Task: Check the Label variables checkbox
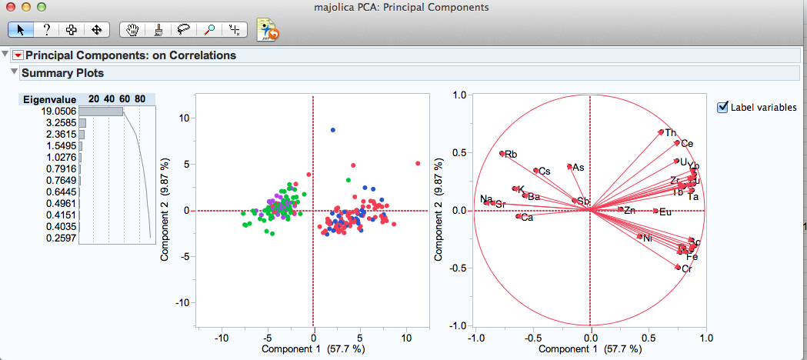click(x=722, y=107)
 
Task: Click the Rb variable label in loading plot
click(x=511, y=154)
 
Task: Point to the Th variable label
click(x=671, y=133)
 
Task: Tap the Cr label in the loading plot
click(x=686, y=269)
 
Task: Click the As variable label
click(x=579, y=167)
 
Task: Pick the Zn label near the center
click(x=629, y=210)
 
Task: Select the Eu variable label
click(x=665, y=212)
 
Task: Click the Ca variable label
click(x=527, y=218)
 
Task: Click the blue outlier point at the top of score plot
click(x=333, y=130)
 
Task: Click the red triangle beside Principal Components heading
click(x=18, y=55)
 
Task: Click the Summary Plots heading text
click(x=62, y=73)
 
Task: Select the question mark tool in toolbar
click(x=46, y=30)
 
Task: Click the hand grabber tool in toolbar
click(x=133, y=30)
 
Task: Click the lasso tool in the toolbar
click(x=184, y=30)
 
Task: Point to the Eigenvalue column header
click(x=49, y=99)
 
